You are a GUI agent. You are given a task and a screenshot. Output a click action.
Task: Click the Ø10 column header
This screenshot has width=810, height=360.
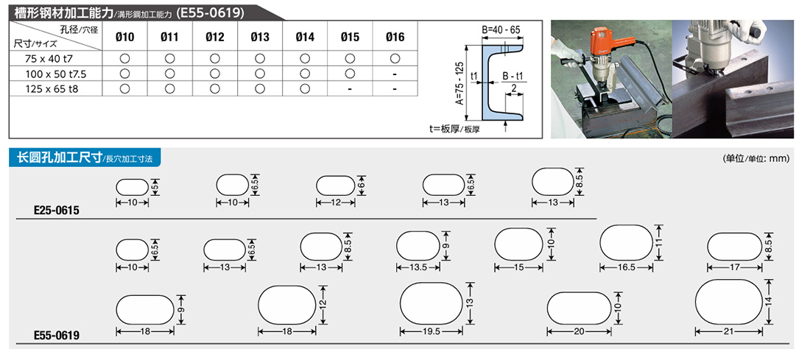pos(125,37)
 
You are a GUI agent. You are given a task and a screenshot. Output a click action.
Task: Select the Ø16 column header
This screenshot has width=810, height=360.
pos(395,37)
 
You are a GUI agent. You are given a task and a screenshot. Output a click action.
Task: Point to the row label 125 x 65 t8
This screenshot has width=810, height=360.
pos(50,88)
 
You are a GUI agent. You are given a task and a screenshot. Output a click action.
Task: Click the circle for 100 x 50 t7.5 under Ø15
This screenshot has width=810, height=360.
pos(350,74)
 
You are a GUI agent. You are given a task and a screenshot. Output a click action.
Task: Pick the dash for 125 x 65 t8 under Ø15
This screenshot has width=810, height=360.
pos(350,89)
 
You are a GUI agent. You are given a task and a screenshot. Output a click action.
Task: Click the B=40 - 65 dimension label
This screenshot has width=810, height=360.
pos(501,30)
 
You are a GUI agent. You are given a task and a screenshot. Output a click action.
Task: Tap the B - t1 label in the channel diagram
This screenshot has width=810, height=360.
pos(513,77)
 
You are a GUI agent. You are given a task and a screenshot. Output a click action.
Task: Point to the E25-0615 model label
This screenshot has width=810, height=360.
pos(57,211)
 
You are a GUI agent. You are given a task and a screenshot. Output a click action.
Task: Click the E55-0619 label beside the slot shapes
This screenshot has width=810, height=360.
pos(57,336)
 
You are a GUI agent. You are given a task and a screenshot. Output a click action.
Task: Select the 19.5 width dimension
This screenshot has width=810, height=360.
pos(432,332)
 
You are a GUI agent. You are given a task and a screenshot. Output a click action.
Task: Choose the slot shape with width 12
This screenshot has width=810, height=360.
pos(336,185)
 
